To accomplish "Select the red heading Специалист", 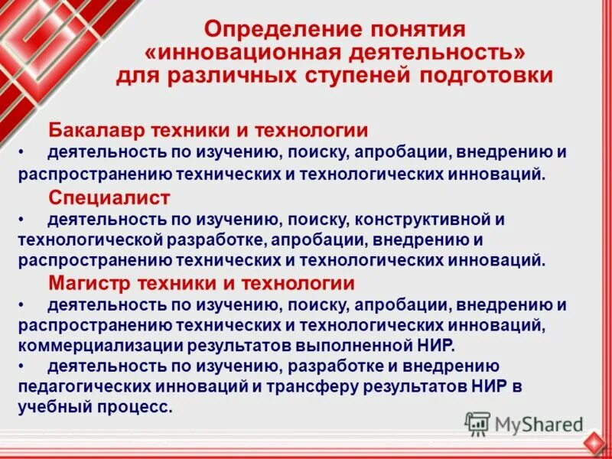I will tap(109, 197).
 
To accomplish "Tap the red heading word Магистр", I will tap(90, 283).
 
